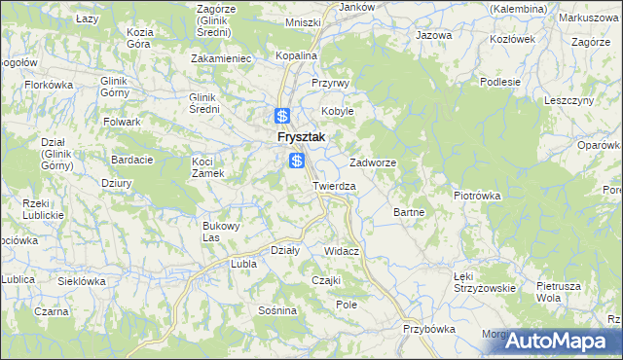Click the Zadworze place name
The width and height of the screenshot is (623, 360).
coord(373,162)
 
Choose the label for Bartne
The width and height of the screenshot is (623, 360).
coord(407,211)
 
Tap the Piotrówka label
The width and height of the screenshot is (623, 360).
coord(477,195)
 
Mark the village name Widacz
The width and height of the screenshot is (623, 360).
coord(342,251)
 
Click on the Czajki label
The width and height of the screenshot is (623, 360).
coord(325,280)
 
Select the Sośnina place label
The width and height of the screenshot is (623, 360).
coord(277,310)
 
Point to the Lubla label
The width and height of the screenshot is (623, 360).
coord(241,264)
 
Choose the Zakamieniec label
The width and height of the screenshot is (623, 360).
coord(223,58)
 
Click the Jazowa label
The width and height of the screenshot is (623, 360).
coord(434,35)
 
